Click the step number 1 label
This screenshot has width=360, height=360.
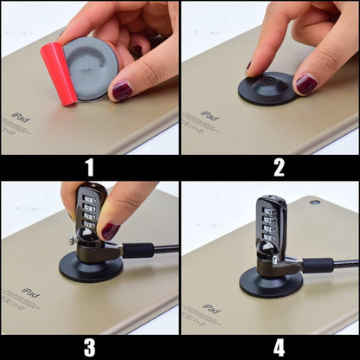click(89, 168)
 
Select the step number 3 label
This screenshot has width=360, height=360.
click(89, 347)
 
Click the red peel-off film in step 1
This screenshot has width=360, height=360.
click(60, 73)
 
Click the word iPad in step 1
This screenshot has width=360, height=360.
click(20, 116)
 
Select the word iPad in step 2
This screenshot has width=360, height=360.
click(209, 114)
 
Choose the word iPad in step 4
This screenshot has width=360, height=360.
click(210, 306)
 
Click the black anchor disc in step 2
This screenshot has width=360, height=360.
click(267, 87)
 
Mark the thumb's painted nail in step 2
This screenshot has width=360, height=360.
click(306, 84)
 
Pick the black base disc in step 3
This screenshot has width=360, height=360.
click(90, 266)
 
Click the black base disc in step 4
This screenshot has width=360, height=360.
click(271, 282)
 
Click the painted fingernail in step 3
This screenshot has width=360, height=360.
click(110, 231)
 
